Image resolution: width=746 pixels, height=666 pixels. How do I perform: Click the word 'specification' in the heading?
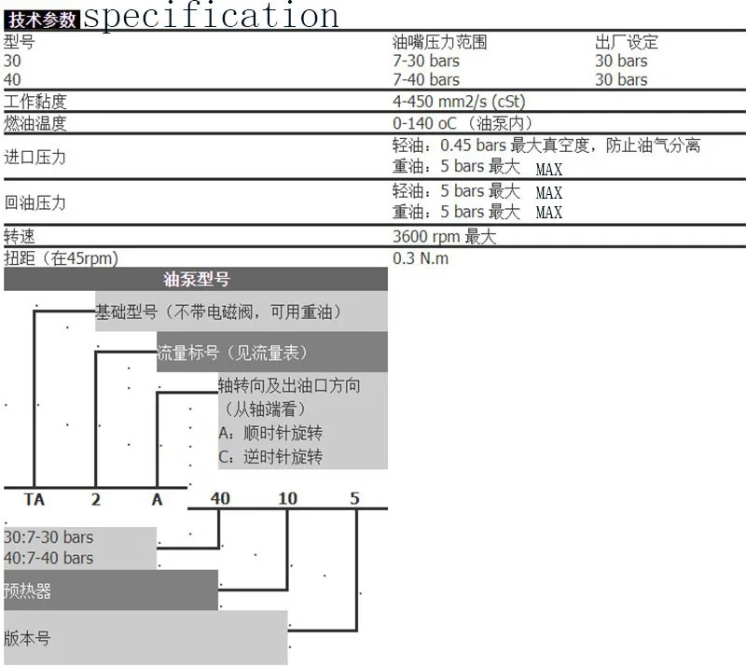click(212, 16)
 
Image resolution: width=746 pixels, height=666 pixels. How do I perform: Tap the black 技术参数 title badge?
click(43, 19)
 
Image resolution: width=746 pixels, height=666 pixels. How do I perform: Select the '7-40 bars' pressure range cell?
click(426, 80)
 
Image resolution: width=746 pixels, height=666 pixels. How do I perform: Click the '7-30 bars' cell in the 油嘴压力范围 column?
click(426, 61)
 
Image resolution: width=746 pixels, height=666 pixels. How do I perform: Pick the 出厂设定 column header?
click(627, 42)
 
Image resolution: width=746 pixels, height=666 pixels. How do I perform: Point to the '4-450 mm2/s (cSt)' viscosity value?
click(459, 102)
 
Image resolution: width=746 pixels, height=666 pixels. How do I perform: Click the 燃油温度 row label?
click(35, 123)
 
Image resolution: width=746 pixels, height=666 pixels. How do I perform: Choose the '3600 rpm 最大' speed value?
click(445, 237)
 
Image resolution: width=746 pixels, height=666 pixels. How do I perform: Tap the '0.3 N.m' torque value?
click(421, 257)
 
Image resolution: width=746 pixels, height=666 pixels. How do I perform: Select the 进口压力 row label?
click(35, 157)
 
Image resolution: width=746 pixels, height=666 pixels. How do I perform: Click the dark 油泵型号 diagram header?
click(196, 279)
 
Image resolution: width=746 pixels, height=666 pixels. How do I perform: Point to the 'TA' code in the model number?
click(34, 499)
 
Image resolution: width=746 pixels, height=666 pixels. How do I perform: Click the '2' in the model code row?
click(95, 499)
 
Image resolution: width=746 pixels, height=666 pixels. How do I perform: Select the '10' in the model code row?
click(288, 499)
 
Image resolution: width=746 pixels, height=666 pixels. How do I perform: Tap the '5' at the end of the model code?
click(354, 499)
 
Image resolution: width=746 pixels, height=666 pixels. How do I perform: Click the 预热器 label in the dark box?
click(28, 591)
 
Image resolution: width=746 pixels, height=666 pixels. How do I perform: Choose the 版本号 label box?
click(28, 639)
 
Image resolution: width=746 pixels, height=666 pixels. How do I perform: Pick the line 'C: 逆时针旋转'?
click(270, 457)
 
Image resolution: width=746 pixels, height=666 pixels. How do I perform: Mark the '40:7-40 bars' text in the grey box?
click(48, 558)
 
